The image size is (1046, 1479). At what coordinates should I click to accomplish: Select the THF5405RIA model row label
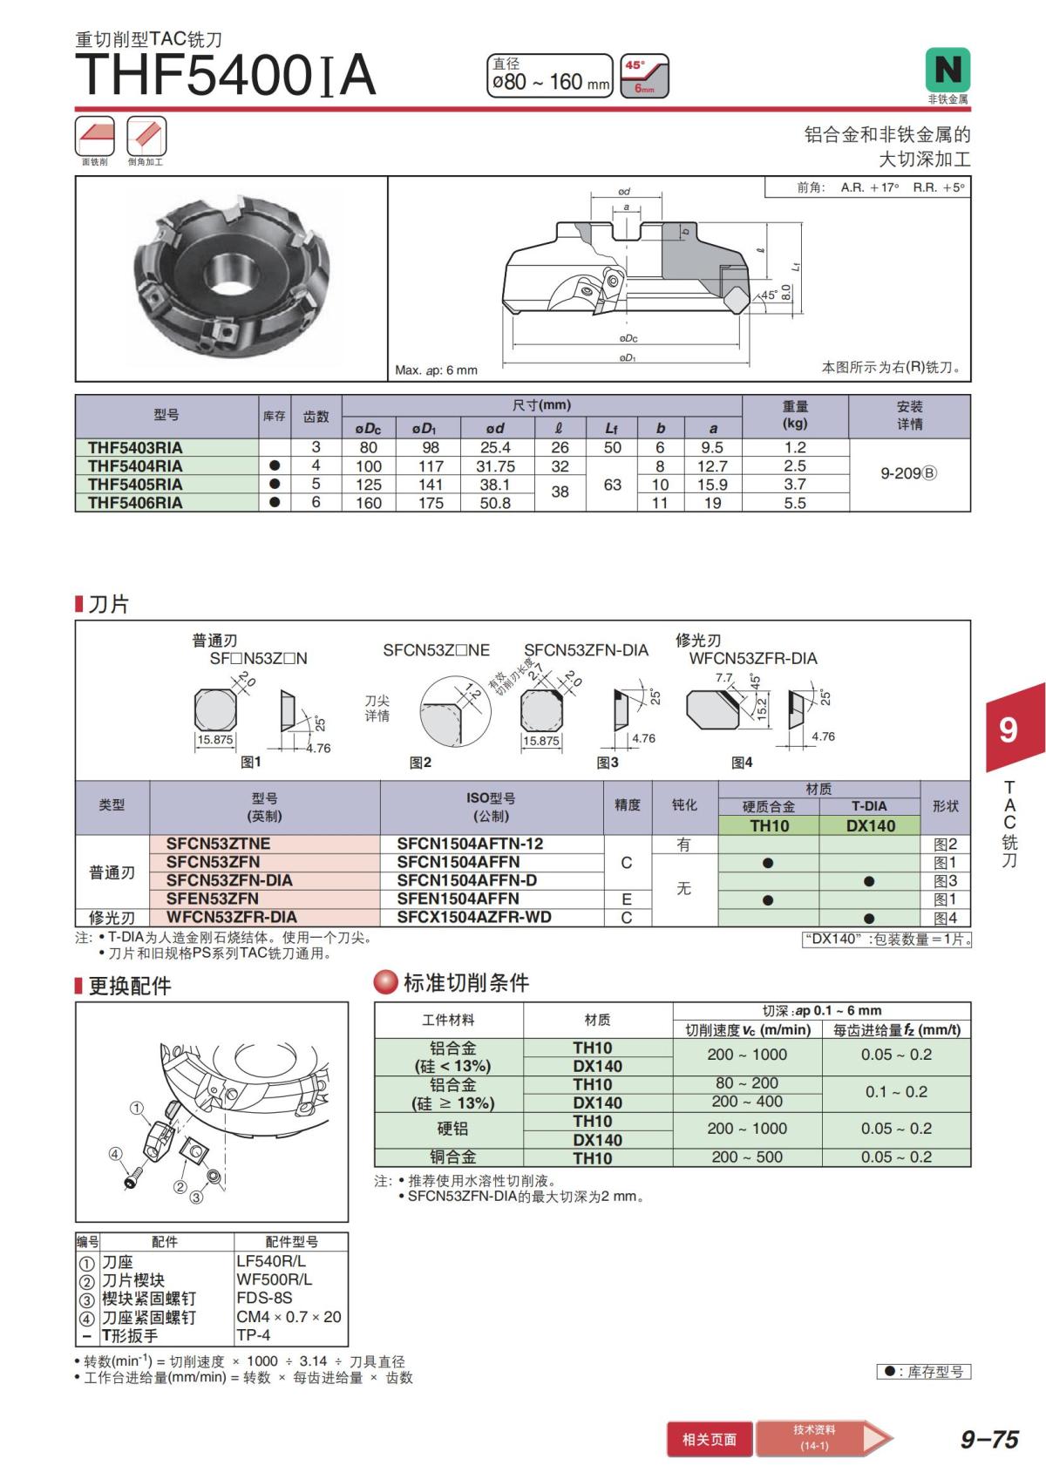pyautogui.click(x=135, y=485)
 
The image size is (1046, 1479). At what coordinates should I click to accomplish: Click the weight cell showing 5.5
pyautogui.click(x=794, y=503)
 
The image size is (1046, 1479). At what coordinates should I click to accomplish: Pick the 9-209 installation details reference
pyautogui.click(x=908, y=473)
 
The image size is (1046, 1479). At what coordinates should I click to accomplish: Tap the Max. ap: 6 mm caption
pyautogui.click(x=437, y=370)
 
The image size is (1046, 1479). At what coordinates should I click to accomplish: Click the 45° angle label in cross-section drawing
pyautogui.click(x=768, y=295)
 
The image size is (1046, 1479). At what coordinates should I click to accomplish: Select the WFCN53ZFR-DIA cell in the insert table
pyautogui.click(x=232, y=918)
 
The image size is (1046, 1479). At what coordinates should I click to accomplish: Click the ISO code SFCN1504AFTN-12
pyautogui.click(x=470, y=844)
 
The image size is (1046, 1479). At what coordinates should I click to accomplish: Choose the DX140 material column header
pyautogui.click(x=870, y=825)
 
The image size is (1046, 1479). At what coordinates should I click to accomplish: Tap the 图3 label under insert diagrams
pyautogui.click(x=608, y=763)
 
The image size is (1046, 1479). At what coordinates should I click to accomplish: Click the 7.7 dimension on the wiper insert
pyautogui.click(x=723, y=678)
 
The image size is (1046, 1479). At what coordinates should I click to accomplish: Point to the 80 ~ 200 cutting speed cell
pyautogui.click(x=747, y=1083)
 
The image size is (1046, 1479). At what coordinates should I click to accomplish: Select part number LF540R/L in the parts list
pyautogui.click(x=271, y=1261)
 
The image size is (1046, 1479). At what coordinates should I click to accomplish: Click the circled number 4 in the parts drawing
pyautogui.click(x=115, y=1154)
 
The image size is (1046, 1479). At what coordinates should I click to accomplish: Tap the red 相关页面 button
pyautogui.click(x=709, y=1440)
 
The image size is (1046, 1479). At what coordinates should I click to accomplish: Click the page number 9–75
pyautogui.click(x=989, y=1440)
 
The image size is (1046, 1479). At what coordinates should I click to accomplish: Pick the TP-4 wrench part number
pyautogui.click(x=254, y=1335)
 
